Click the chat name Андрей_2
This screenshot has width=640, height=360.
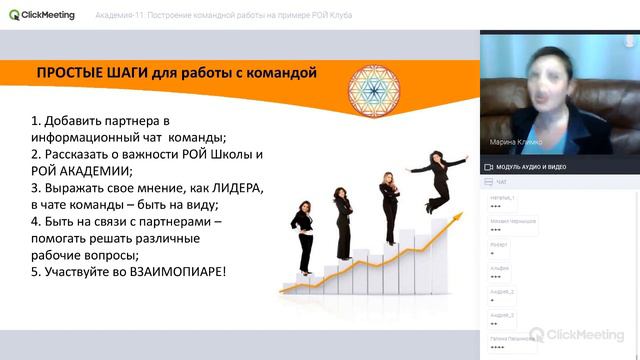pos(502,292)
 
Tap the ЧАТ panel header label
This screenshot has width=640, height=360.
pos(501,183)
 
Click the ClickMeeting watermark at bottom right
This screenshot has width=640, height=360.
pos(579,334)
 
